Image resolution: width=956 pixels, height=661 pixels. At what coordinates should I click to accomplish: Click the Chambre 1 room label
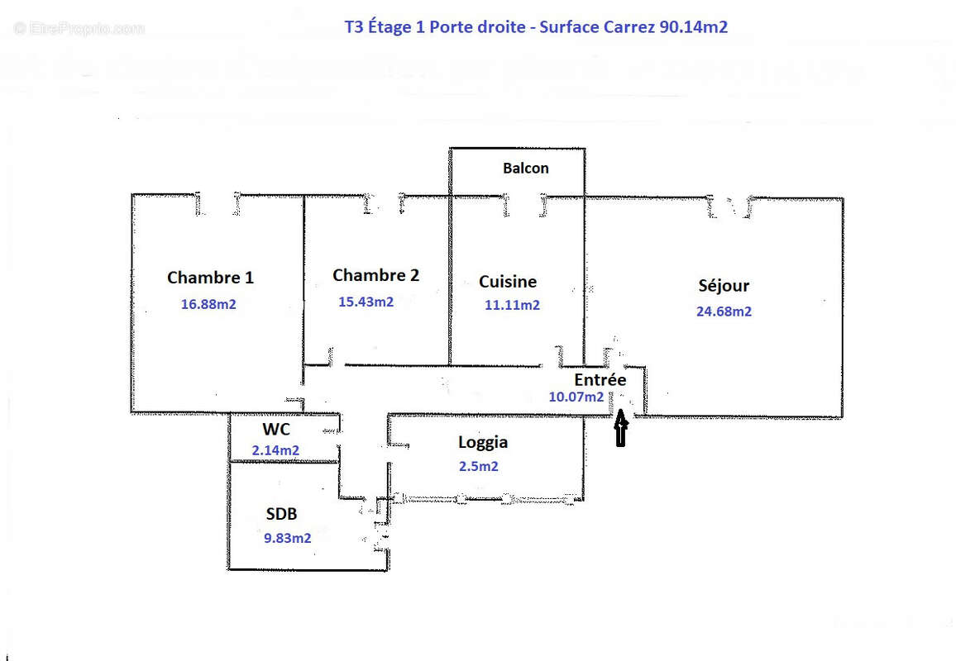pos(210,278)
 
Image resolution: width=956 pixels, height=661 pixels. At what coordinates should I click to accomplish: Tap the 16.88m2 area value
pos(208,304)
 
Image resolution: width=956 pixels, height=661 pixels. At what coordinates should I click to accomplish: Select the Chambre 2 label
pos(375,275)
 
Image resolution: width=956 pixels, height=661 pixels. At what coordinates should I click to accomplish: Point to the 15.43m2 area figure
pos(366,302)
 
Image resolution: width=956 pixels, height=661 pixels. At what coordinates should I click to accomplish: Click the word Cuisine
pos(508,282)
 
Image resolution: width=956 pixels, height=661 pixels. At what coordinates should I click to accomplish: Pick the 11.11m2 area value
pos(512,305)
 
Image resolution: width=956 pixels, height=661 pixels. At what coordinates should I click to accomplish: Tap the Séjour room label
pos(724,286)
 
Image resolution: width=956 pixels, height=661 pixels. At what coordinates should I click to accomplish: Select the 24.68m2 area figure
pos(724,311)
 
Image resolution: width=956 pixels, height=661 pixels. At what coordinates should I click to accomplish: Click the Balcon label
pos(525,168)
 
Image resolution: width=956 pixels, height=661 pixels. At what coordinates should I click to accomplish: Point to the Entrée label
pos(600,379)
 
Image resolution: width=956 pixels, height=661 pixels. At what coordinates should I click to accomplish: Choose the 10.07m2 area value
pos(576,397)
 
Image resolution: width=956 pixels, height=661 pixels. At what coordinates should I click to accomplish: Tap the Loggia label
pos(483,442)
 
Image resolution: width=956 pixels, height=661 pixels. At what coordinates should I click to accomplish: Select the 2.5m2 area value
pos(478,466)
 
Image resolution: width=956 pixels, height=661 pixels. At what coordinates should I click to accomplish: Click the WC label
pos(275,430)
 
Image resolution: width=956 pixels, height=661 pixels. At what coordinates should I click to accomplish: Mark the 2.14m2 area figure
pos(275,450)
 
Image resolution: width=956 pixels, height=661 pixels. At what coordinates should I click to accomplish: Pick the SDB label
pos(281,514)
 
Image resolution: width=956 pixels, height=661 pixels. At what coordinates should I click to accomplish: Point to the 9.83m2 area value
pos(287,538)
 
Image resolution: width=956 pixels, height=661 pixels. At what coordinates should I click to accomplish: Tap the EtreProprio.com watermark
pos(79,28)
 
